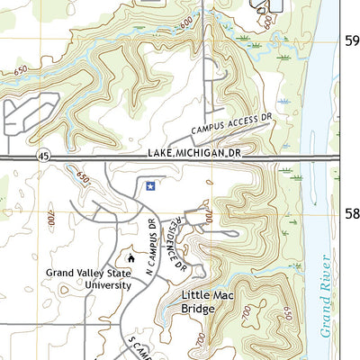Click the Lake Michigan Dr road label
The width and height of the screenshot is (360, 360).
[195, 155]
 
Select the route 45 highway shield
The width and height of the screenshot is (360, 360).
[43, 157]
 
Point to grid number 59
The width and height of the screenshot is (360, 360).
[352, 40]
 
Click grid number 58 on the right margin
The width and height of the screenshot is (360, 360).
[352, 214]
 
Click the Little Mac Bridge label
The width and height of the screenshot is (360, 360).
[210, 301]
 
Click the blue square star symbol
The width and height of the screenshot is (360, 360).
[151, 186]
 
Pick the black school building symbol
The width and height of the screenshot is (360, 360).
[130, 259]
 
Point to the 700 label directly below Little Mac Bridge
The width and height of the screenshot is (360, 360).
[199, 338]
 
